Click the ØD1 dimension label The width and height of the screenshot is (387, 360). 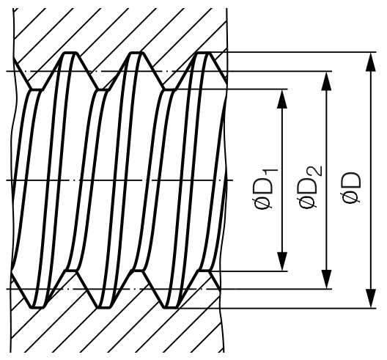pos(265,188)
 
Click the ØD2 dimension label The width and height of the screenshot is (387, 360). pos(310,187)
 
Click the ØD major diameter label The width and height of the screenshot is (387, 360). pos(352,188)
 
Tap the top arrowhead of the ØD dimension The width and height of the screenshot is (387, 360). pos(370,62)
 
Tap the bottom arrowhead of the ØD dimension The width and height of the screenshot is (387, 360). pos(370,298)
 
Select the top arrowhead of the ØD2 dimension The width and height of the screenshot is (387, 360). pos(327,81)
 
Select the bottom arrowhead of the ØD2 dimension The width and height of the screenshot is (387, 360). pos(327,279)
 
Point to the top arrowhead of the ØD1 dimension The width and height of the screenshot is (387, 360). pos(282,99)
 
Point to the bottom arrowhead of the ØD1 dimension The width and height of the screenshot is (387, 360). pos(282,262)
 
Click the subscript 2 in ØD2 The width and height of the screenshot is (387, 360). pos(317,171)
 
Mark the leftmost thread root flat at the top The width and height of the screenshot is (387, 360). pos(70,53)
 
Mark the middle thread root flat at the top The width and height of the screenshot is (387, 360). pos(137,53)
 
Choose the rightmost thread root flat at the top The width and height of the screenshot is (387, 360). pos(203,53)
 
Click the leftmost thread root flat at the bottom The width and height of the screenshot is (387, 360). pos(37,308)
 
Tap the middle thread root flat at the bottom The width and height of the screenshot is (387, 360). pos(103,308)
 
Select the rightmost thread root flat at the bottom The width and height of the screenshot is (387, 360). pos(171,308)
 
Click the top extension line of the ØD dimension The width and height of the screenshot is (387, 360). pos(293,52)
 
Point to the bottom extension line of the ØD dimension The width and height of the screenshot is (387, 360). pos(277,308)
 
